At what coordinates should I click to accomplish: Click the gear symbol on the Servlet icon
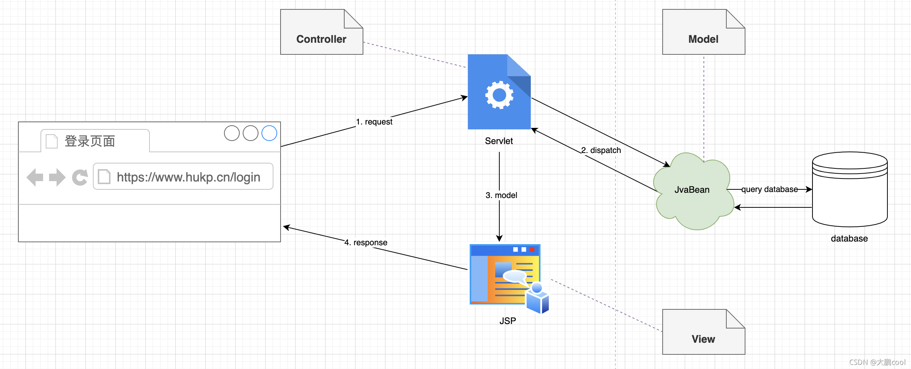click(x=499, y=95)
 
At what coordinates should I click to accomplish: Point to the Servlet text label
click(x=499, y=141)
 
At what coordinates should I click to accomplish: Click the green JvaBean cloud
click(x=692, y=191)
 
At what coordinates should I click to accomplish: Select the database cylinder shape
click(x=850, y=189)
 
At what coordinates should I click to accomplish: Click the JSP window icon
click(x=506, y=276)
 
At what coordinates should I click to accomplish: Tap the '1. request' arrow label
click(x=374, y=122)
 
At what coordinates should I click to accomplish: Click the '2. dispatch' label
click(x=601, y=150)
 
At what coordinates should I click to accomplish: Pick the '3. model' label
click(x=501, y=195)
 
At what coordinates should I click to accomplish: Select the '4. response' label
click(x=366, y=243)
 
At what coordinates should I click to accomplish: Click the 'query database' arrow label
click(x=769, y=189)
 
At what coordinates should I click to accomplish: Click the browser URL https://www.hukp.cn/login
click(x=188, y=177)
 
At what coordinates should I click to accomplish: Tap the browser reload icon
click(x=80, y=177)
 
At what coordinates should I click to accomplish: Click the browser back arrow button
click(x=35, y=177)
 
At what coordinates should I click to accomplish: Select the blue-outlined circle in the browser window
click(x=269, y=133)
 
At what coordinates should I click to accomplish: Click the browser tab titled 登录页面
click(x=95, y=141)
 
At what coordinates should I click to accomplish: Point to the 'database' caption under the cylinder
click(x=849, y=239)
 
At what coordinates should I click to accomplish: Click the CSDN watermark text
click(x=877, y=362)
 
